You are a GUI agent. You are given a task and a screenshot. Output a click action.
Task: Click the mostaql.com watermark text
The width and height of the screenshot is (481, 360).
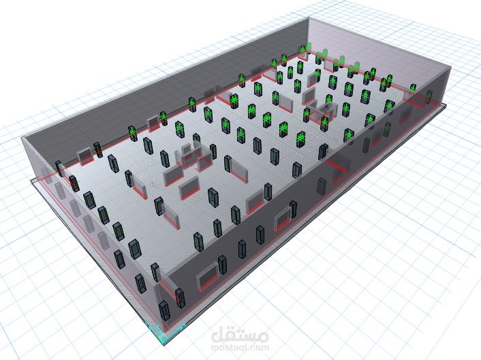coord(240,348)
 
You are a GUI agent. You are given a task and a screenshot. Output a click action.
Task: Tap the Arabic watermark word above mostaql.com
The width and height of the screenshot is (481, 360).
coord(240,335)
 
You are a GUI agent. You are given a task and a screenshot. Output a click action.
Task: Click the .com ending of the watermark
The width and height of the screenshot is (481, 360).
coord(259,348)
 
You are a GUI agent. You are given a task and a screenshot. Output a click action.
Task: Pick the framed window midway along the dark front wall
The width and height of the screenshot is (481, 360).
coord(283,217)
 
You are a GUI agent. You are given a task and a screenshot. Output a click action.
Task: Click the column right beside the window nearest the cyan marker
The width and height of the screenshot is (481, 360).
coord(222,265)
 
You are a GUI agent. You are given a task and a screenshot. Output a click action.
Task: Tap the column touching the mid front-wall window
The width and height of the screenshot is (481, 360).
coord(293,209)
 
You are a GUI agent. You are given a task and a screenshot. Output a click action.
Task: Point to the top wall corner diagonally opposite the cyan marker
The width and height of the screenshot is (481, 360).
coord(308,18)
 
